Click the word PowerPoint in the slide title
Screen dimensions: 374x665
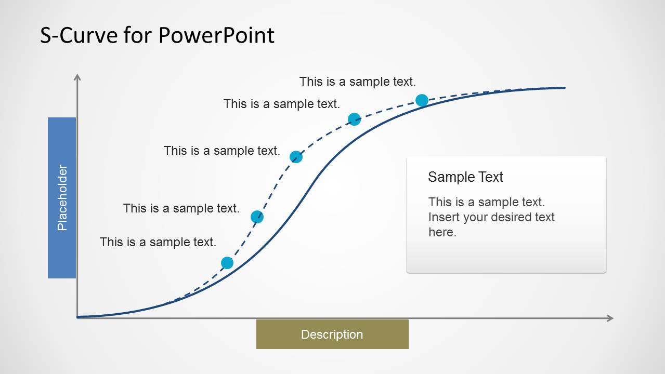tap(216, 35)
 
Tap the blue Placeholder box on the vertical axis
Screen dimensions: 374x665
tap(62, 197)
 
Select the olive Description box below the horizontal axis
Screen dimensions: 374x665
tap(332, 334)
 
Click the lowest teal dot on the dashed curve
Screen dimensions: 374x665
tap(227, 263)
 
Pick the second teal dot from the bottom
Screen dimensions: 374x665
tap(257, 217)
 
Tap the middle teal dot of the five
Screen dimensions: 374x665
tap(296, 157)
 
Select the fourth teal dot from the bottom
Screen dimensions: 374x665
tap(354, 119)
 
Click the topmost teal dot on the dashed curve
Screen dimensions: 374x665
tap(422, 100)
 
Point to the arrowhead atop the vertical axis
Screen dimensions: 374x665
tap(77, 77)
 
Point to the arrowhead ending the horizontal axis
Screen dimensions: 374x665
tap(610, 318)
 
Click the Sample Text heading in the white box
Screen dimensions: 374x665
tap(465, 177)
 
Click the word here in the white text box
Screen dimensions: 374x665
tap(442, 232)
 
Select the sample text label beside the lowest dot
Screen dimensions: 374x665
tap(158, 242)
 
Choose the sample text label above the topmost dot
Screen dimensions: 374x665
tap(357, 82)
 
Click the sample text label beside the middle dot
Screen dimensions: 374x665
tap(221, 151)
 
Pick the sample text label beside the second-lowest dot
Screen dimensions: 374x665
tap(181, 208)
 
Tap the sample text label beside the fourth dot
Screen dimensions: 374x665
tap(281, 104)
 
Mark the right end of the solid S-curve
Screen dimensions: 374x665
tap(564, 88)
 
